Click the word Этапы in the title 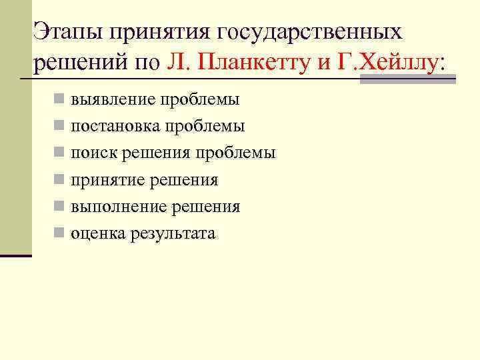(x=67, y=31)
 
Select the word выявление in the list (x=111, y=100)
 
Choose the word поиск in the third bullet (x=92, y=153)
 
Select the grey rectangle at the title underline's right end (x=407, y=79)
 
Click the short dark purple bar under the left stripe (x=15, y=255)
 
